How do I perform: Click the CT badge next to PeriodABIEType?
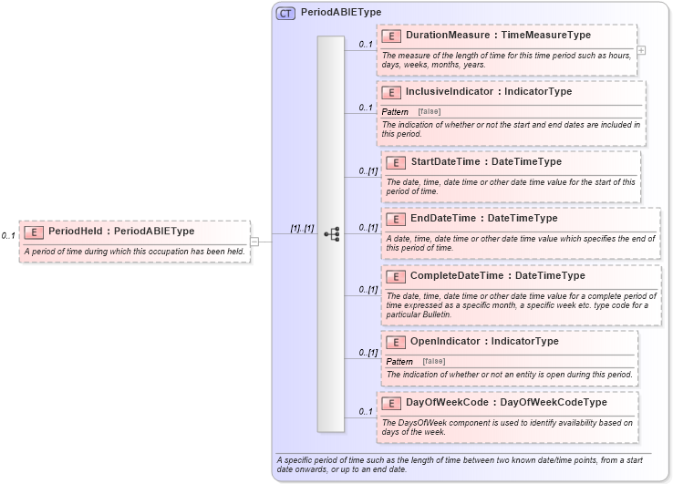tap(285, 13)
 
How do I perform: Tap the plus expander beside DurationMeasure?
tap(641, 50)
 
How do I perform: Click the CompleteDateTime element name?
tap(461, 275)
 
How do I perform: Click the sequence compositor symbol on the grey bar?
tap(331, 234)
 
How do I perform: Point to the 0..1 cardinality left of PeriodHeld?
tap(8, 236)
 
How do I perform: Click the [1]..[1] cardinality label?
tap(302, 229)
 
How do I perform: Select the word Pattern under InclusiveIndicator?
tap(395, 111)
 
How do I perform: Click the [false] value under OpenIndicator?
tap(434, 361)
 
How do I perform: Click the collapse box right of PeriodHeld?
tap(254, 242)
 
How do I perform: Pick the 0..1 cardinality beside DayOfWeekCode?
tap(366, 411)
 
